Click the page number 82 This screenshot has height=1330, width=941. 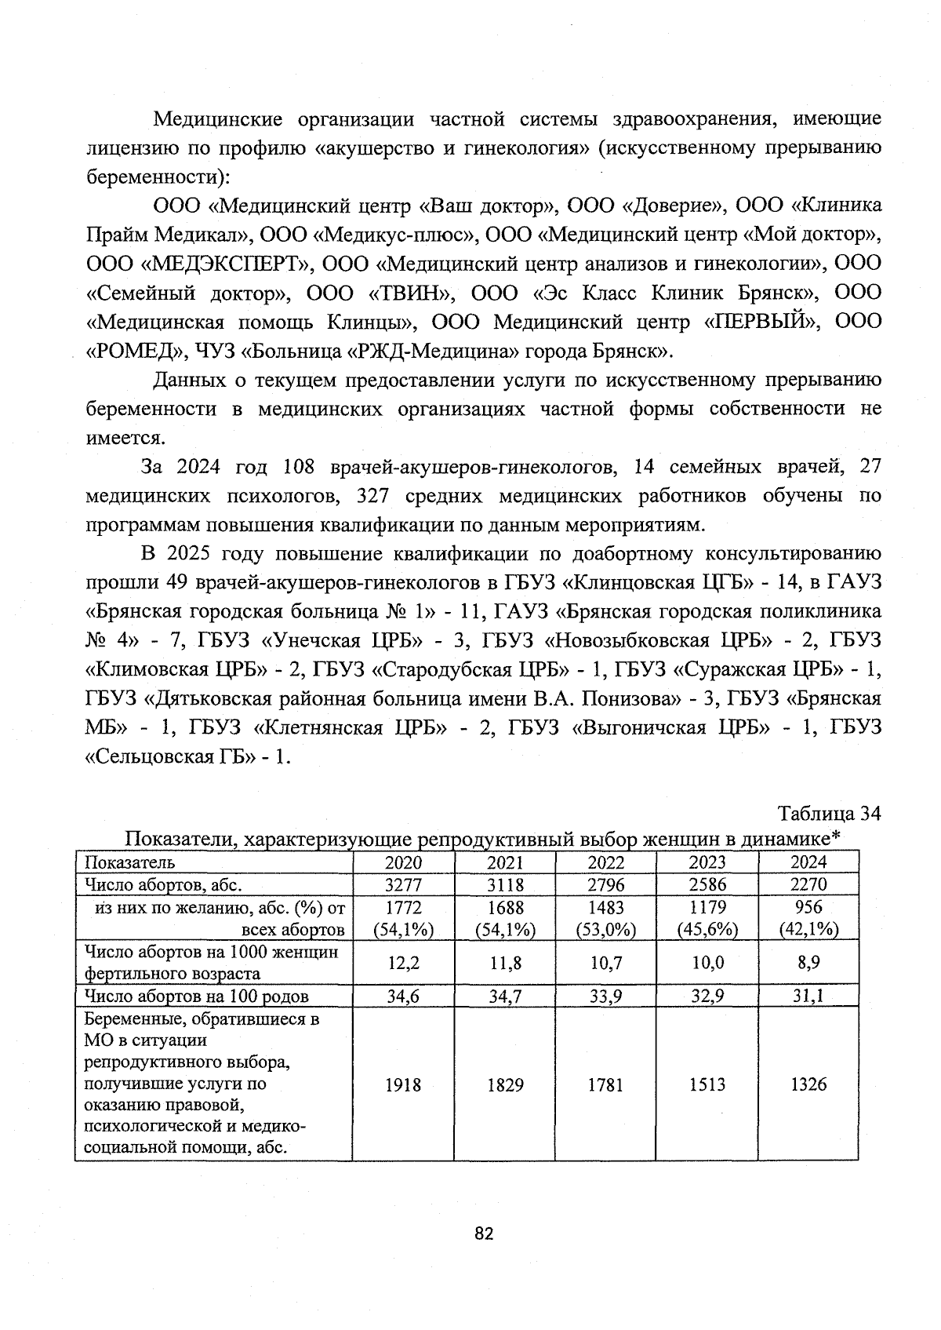(x=484, y=1233)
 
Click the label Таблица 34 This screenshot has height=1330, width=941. (x=830, y=813)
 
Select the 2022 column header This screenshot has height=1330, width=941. (x=605, y=862)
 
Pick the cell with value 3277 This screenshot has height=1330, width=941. (x=403, y=884)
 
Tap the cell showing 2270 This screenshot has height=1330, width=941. (x=808, y=884)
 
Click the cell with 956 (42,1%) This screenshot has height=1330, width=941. (x=808, y=918)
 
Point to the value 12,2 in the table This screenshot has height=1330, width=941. (x=403, y=963)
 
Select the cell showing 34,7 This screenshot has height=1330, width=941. (x=505, y=997)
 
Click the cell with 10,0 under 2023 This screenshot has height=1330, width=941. (x=707, y=963)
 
